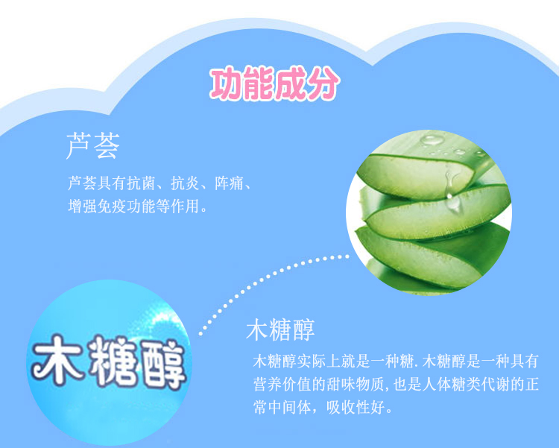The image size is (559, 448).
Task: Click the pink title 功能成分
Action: [274, 83]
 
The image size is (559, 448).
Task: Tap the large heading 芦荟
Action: [92, 145]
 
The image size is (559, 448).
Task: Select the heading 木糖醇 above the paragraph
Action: [280, 330]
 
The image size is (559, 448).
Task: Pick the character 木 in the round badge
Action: [57, 359]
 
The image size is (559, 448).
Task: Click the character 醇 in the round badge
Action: [162, 365]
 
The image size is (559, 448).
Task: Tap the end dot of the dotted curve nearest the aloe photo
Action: [347, 256]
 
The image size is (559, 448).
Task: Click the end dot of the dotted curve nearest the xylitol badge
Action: [200, 334]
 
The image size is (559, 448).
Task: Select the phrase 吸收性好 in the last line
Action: [356, 407]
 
